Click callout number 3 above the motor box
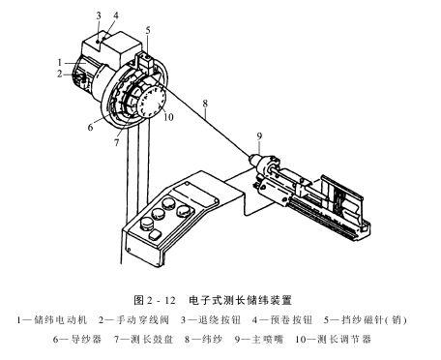99,15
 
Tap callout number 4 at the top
115,15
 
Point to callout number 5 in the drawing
148,31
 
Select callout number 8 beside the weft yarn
205,104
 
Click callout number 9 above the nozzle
259,136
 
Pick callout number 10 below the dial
168,117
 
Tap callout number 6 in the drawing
91,128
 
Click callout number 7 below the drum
117,142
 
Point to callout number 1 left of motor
60,62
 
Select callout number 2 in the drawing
60,74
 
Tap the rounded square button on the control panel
156,234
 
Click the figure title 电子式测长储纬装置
241,300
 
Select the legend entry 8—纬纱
203,340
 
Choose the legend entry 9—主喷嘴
259,340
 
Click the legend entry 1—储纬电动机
52,320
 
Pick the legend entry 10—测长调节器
334,340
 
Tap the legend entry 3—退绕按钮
211,320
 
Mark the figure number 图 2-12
155,300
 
